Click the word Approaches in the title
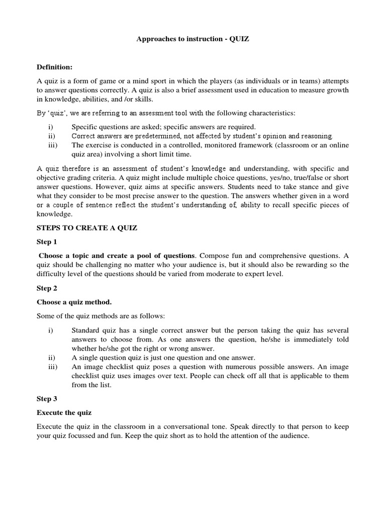(156, 39)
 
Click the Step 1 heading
(47, 242)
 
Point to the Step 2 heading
(47, 288)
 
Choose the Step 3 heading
(47, 399)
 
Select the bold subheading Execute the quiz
(64, 412)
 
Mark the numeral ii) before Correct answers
(51, 136)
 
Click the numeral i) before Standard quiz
(50, 330)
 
